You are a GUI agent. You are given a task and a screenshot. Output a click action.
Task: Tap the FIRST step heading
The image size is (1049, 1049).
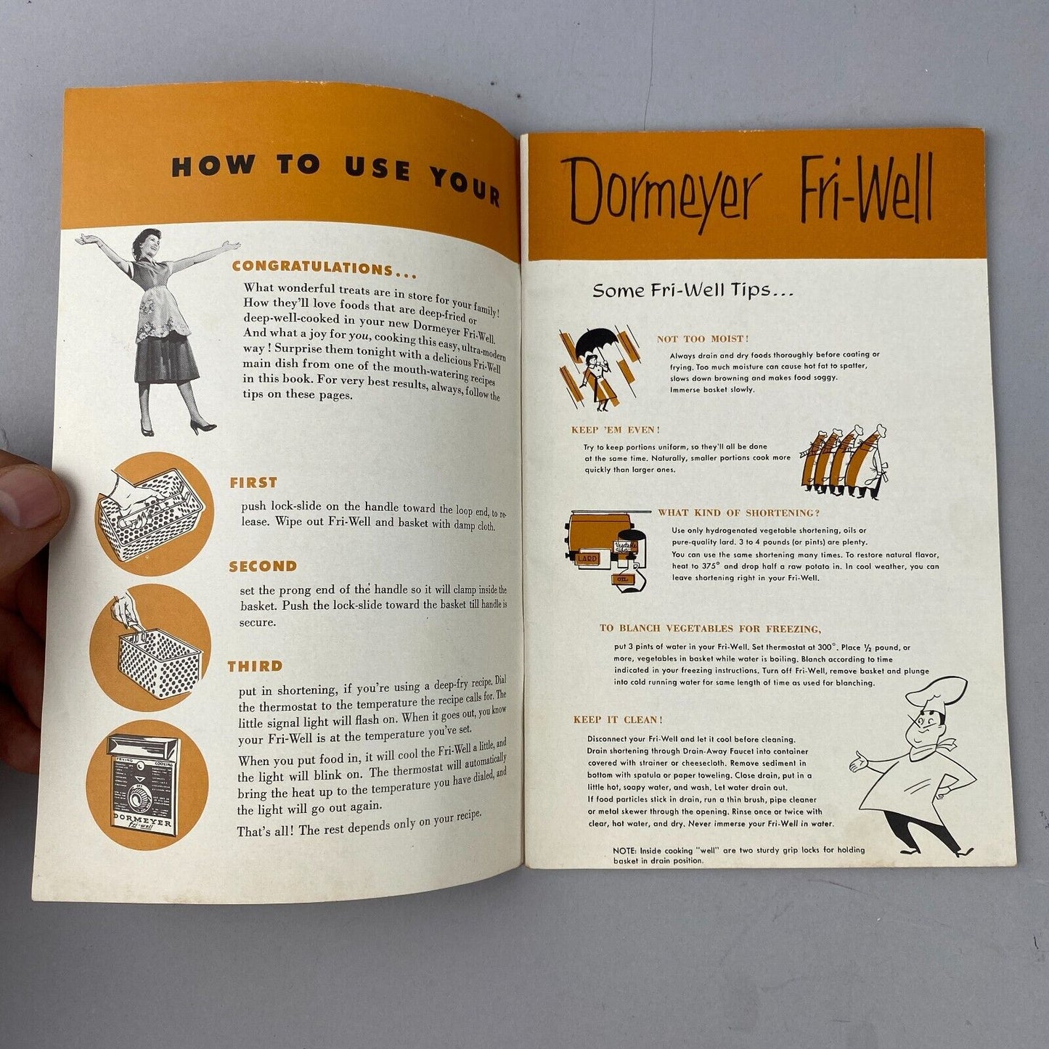coord(253,482)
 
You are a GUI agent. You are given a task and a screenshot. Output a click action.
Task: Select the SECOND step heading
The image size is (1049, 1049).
coord(263,566)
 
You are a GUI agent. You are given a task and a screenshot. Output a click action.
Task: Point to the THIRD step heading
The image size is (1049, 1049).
coord(256,666)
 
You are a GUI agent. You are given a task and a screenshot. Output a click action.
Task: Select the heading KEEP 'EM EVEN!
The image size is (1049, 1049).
coord(616,430)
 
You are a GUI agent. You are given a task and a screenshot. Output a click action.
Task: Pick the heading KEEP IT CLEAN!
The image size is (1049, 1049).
coord(618,719)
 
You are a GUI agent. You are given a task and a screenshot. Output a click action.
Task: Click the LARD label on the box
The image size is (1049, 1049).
coord(587,558)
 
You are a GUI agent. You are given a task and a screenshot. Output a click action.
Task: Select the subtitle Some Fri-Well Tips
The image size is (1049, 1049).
coord(693,290)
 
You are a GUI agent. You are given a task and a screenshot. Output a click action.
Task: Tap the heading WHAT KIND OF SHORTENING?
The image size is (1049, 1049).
coord(739,513)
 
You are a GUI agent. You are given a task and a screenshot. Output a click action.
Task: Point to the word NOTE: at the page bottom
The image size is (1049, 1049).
coord(624,850)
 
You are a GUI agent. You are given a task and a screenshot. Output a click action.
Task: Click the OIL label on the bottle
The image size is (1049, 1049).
coord(623,579)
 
